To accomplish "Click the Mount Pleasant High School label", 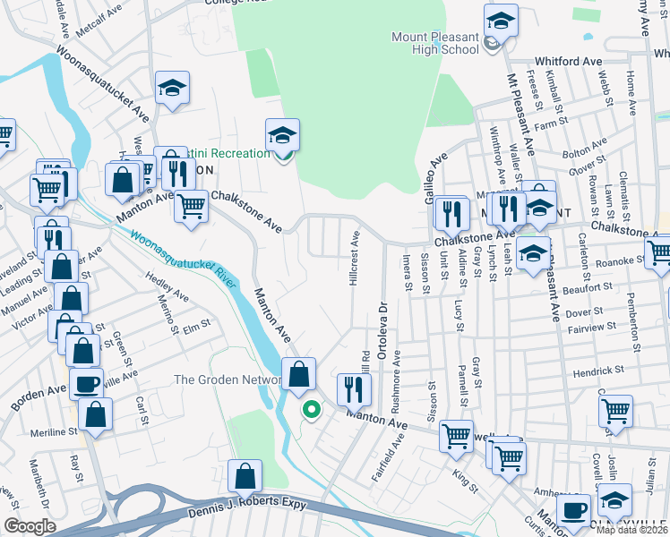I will click(435, 43).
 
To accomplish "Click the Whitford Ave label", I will click(568, 61).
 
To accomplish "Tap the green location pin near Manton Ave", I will click(312, 411).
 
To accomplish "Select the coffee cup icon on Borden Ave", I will click(86, 383).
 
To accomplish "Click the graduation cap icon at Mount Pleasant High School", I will click(501, 20).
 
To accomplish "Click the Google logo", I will click(30, 526).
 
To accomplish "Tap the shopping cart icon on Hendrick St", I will click(615, 410).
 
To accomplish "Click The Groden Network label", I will click(228, 379).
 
